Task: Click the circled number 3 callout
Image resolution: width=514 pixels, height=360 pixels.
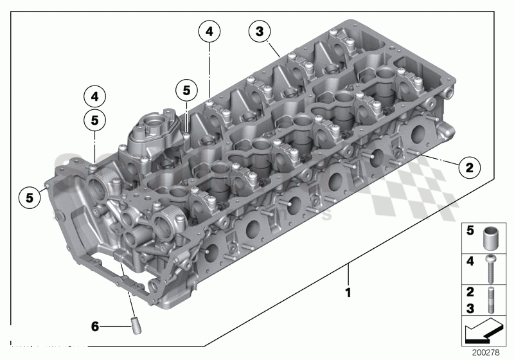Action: point(259,32)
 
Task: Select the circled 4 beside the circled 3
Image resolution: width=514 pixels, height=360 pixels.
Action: point(209,31)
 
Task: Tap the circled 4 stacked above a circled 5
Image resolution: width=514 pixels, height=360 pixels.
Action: point(94,98)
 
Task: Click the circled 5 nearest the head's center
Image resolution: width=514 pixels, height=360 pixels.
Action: point(186,91)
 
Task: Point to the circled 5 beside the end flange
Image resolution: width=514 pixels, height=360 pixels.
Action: point(30,197)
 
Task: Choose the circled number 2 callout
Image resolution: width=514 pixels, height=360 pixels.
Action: point(469,168)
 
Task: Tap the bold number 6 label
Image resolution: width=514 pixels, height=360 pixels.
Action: point(95,327)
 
